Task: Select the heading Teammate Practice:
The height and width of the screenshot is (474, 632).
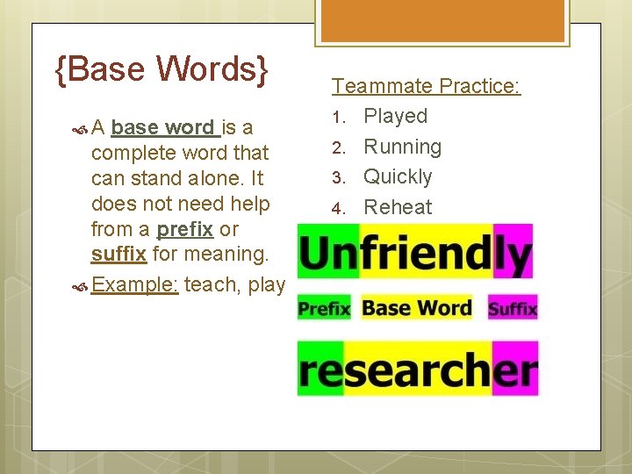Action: [x=426, y=86]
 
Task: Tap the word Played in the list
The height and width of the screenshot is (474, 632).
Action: [x=396, y=116]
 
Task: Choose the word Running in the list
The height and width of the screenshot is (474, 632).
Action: [x=403, y=147]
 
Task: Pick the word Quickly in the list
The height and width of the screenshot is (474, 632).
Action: [x=398, y=176]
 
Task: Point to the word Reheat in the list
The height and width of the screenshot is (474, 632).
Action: [x=398, y=207]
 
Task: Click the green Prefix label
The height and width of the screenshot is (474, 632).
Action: [x=324, y=308]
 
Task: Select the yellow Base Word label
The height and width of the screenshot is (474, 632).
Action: [x=416, y=308]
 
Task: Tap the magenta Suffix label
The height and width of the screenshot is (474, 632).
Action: [x=513, y=308]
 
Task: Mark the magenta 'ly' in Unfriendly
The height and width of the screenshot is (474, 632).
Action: [x=513, y=254]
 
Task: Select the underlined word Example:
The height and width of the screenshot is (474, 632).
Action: [x=135, y=284]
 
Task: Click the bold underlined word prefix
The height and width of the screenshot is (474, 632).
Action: [x=184, y=229]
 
